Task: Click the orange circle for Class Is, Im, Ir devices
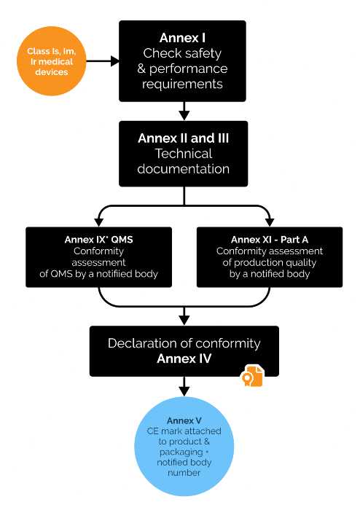coord(52,60)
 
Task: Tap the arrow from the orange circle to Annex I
coord(103,60)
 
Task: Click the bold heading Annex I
coord(182,38)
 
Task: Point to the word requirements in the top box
coord(182,84)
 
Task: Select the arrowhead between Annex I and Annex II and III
coord(184,115)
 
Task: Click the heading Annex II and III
coord(184,138)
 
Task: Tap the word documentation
coord(184,169)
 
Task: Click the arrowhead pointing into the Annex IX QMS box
coord(98,221)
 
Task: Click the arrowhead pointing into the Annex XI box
coord(270,221)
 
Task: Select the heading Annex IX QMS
coord(98,240)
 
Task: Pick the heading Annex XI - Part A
coord(270,240)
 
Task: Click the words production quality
coord(275,262)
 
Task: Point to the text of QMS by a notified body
coord(98,274)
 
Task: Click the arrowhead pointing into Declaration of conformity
coord(184,320)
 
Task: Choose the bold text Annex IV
coord(184,358)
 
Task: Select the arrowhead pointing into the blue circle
coord(184,391)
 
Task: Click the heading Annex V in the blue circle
coord(184,421)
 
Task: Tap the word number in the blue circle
coord(184,473)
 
